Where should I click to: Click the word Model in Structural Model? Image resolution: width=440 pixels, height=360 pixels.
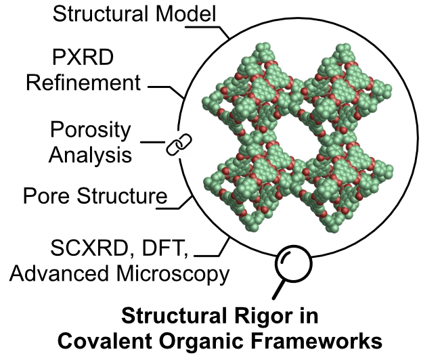[x=186, y=14]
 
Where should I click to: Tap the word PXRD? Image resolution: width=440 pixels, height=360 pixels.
[x=83, y=58]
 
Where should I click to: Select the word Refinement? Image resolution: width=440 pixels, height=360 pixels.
[x=83, y=83]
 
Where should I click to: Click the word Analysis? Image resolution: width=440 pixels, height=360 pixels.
[x=90, y=156]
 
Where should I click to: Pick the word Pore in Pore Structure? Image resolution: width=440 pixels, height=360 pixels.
[x=46, y=196]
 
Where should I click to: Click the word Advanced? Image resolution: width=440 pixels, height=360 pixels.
[x=59, y=273]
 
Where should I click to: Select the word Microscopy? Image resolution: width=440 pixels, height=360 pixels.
[x=173, y=275]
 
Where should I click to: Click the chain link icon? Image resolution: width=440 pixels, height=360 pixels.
[x=179, y=144]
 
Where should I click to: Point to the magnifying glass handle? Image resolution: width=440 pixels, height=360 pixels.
[x=278, y=290]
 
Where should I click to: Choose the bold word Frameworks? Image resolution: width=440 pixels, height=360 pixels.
[x=316, y=341]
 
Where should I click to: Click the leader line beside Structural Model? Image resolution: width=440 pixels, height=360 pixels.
[x=207, y=30]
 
